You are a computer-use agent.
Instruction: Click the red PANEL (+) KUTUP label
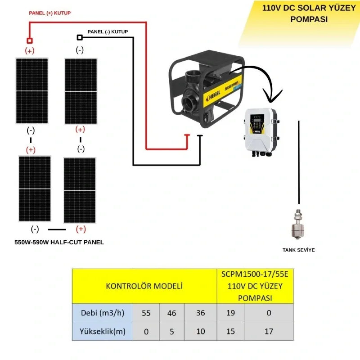(x=49, y=13)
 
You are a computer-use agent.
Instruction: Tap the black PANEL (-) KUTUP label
(x=108, y=31)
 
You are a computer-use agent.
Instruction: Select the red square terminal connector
(x=30, y=40)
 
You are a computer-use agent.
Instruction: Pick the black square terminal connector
(x=80, y=37)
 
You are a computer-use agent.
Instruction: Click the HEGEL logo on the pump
(x=213, y=95)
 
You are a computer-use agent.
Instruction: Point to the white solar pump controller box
(x=261, y=132)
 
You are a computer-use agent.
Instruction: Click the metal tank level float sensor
(x=297, y=224)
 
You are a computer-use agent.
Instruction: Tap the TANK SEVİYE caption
(x=298, y=250)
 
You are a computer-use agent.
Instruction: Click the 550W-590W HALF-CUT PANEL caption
(x=59, y=242)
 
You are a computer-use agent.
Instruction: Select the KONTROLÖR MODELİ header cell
(x=144, y=286)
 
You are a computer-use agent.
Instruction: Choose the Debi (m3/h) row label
(x=103, y=313)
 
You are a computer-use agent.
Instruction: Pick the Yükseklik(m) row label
(x=103, y=331)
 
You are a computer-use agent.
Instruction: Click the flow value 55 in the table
(x=146, y=313)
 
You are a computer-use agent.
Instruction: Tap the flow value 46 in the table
(x=172, y=313)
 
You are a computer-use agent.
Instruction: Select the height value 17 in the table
(x=269, y=331)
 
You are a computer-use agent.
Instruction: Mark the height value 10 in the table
(x=200, y=331)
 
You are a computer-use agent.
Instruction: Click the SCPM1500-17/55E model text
(x=255, y=274)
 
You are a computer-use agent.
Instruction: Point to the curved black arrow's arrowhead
(x=272, y=96)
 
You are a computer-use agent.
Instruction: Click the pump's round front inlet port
(x=189, y=103)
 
